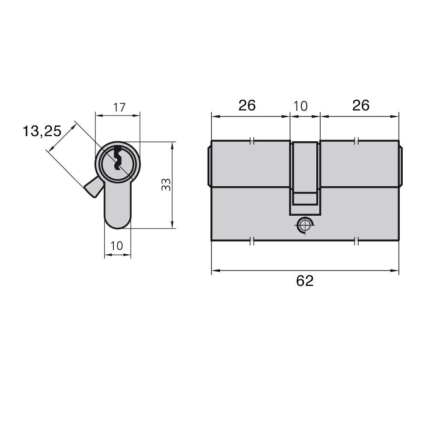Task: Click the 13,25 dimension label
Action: [42, 131]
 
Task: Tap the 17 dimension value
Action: [119, 107]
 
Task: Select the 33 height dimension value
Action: [166, 184]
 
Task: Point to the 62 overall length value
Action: [305, 281]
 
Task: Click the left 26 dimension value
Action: [247, 105]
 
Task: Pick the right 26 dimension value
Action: [360, 105]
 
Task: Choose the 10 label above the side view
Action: [300, 106]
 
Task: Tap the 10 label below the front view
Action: [116, 246]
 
